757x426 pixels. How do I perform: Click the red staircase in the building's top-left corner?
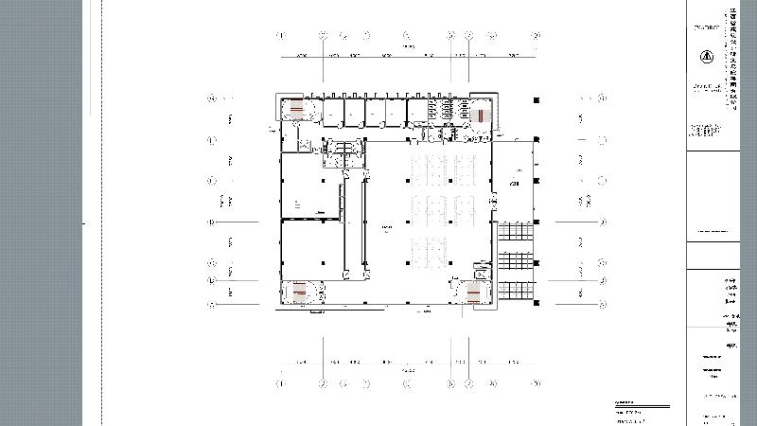click(x=296, y=109)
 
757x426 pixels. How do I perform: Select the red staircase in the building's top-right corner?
click(x=480, y=115)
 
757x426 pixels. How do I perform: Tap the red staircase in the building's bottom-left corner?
click(x=299, y=292)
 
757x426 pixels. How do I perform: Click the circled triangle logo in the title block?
click(x=704, y=56)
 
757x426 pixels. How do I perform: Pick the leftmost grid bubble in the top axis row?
click(x=280, y=36)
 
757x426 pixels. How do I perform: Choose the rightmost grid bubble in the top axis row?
click(x=535, y=36)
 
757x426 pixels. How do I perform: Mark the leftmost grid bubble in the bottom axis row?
click(x=280, y=383)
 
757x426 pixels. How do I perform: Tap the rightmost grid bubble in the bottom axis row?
click(x=535, y=383)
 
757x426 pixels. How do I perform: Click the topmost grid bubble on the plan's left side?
click(x=212, y=97)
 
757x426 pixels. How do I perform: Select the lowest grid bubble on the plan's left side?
click(x=212, y=305)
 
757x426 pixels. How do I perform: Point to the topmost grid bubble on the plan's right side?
click(x=602, y=97)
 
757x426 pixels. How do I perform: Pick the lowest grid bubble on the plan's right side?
click(x=602, y=305)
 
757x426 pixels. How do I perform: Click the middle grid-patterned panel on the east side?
click(x=516, y=259)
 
